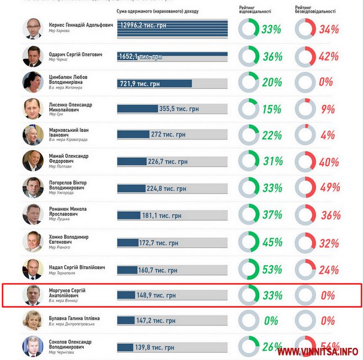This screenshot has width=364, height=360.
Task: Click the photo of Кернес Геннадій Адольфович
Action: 33,29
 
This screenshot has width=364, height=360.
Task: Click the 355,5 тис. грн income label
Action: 179,109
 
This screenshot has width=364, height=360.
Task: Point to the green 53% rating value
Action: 272,269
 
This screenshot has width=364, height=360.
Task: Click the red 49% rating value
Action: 329,187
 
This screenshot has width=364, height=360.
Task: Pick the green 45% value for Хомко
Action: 272,242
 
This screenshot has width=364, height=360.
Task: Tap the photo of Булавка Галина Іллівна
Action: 33,320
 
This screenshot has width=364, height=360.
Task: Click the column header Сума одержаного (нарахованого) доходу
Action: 158,11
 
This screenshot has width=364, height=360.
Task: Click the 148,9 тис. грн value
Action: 157,295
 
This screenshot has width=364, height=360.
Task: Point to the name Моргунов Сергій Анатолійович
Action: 67,293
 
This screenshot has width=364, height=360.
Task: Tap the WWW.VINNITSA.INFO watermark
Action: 317,351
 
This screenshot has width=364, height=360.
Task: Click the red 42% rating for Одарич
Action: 329,57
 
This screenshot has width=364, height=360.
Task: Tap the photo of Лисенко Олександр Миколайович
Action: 33,109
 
